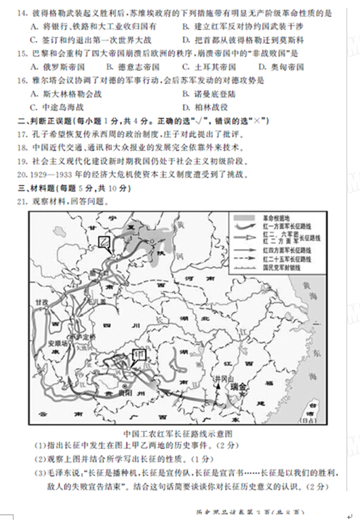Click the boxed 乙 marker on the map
(x=105, y=243)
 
